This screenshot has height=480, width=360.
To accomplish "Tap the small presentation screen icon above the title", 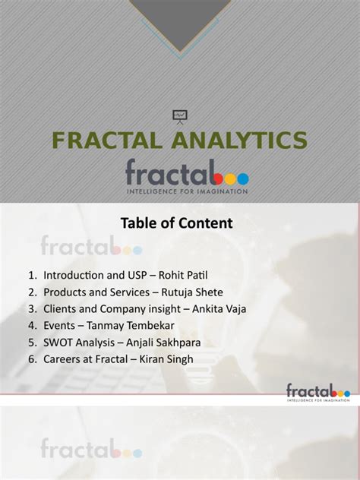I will pos(180,116).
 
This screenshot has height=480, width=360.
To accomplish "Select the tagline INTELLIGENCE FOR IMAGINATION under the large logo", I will pos(187,191).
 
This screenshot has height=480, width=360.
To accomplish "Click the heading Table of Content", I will pos(176,223).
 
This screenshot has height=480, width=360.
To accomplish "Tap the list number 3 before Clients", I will pos(31,308).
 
